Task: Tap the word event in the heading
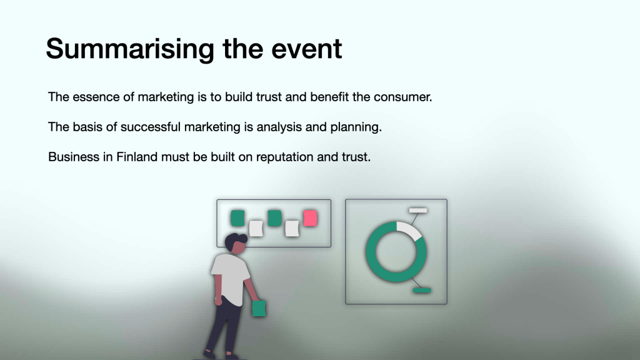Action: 306,49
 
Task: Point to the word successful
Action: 150,127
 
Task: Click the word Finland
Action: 137,157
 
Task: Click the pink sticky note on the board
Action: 310,218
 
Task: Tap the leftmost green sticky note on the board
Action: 237,218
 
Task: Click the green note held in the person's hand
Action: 259,308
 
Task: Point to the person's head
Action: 236,244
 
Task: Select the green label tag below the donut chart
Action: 422,291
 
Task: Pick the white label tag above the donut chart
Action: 418,210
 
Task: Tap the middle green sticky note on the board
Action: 275,218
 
